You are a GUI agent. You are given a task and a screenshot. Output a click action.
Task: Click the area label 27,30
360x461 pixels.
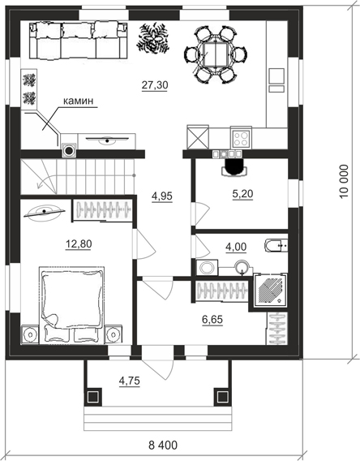pos(155,85)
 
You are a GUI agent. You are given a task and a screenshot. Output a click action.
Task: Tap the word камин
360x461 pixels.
pos(79,101)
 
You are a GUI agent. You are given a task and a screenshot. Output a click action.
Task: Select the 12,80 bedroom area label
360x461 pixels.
pos(79,243)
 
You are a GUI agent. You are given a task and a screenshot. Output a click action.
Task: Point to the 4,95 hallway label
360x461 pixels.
pos(162,196)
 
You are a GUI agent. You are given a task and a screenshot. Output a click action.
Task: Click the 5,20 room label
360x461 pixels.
pos(242,194)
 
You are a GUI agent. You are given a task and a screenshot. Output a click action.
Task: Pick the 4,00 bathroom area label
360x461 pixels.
pos(236,247)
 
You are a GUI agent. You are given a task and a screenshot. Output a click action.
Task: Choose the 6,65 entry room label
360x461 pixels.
pos(212,319)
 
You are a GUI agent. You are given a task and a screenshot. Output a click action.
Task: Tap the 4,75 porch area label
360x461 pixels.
pos(129,381)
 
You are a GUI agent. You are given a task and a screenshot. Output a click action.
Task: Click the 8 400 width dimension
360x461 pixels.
pos(163,445)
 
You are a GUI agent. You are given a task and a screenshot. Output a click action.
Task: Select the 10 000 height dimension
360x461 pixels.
pos(344,182)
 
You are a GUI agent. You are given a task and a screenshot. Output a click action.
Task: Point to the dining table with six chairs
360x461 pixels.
pos(216,54)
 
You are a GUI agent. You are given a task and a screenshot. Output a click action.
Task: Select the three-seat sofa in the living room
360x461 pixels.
pos(79,41)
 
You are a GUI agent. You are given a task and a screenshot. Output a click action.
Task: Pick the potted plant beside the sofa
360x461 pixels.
pos(153,39)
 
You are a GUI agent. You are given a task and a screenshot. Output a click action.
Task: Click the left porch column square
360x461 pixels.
pos(94,397)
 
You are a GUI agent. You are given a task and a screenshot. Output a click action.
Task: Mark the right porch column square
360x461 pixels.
pos(221,397)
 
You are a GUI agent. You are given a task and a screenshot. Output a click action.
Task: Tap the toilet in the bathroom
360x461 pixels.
pos(276,246)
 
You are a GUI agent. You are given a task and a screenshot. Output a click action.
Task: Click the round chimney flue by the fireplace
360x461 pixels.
pos(69,150)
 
